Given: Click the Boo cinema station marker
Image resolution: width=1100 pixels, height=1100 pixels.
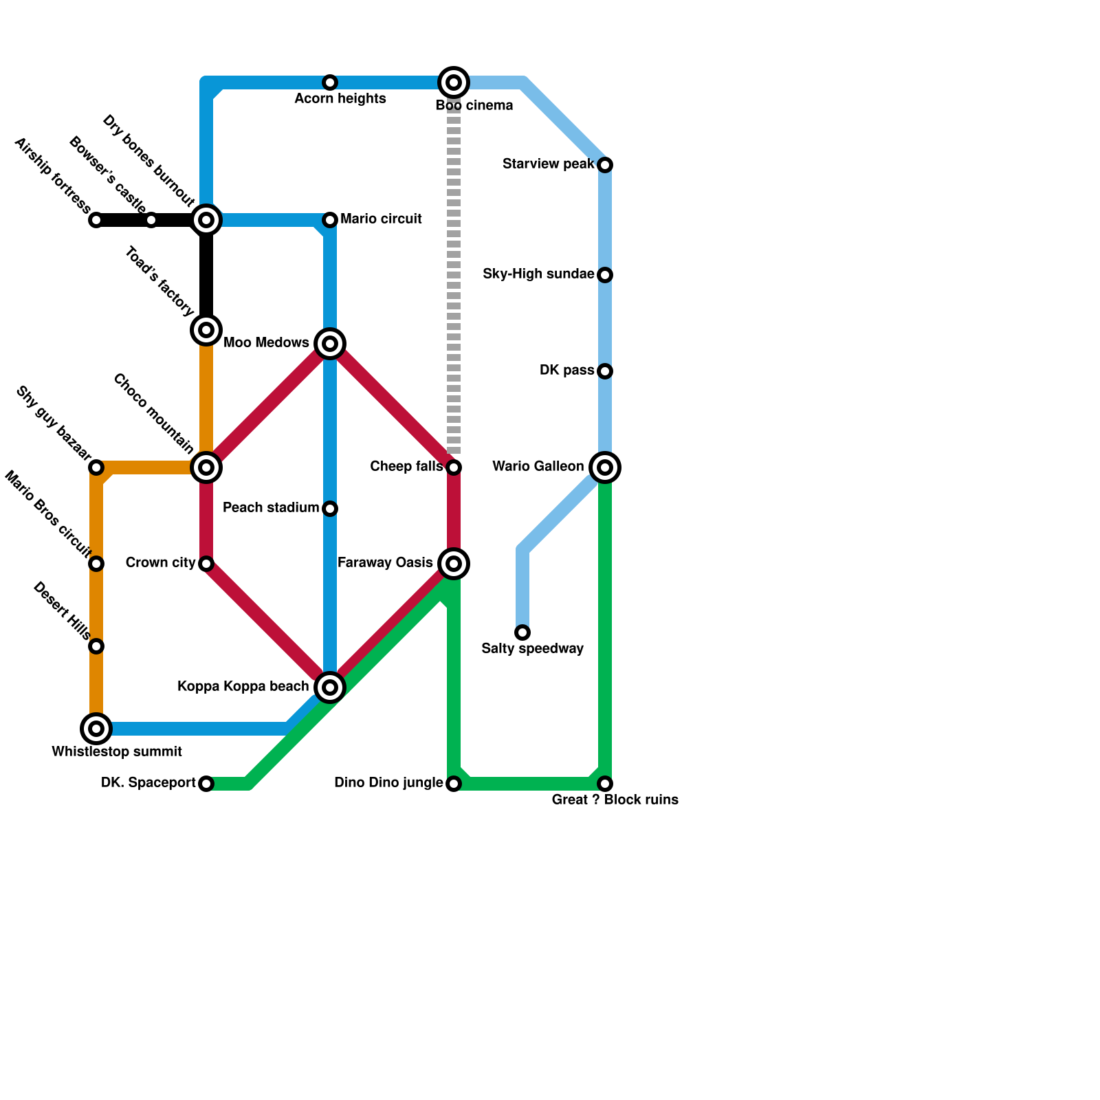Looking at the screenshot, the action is tap(454, 82).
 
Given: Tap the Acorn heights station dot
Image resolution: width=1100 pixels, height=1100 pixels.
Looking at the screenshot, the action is tap(330, 82).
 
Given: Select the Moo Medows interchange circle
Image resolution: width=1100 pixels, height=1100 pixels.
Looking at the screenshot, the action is tap(330, 343).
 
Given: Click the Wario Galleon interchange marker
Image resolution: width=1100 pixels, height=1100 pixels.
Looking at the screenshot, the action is tap(605, 467).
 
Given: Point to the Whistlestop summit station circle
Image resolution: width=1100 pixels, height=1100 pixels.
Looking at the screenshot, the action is tap(96, 729).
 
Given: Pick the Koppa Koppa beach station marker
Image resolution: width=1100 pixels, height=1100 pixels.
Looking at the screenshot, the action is tap(330, 687).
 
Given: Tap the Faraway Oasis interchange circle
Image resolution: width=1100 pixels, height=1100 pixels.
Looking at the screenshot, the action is tap(454, 564).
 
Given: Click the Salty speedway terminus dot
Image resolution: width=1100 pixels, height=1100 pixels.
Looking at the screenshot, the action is tap(522, 632).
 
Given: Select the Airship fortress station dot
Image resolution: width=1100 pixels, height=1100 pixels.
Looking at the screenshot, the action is tap(96, 220).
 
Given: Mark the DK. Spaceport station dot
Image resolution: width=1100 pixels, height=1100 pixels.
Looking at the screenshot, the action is tap(206, 784).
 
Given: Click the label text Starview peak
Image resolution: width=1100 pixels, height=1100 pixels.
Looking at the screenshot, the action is tap(548, 164).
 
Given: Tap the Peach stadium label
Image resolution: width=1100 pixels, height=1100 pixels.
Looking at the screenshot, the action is tap(271, 508).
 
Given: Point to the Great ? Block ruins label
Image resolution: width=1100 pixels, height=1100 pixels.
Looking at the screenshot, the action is tap(615, 800).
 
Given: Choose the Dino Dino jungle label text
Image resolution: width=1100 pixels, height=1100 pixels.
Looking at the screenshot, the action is tap(388, 783).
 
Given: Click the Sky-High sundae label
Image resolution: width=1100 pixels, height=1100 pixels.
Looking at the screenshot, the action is tap(538, 274).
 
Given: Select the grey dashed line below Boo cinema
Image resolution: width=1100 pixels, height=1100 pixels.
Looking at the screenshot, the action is tap(454, 275).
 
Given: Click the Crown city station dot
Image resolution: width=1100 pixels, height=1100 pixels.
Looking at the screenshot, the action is tap(206, 564).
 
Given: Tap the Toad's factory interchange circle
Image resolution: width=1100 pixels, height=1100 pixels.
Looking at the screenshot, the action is tap(206, 330).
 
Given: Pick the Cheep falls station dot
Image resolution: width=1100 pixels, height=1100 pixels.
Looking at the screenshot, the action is tap(454, 467).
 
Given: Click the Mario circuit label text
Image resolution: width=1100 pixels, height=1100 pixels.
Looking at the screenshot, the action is tap(381, 219).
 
